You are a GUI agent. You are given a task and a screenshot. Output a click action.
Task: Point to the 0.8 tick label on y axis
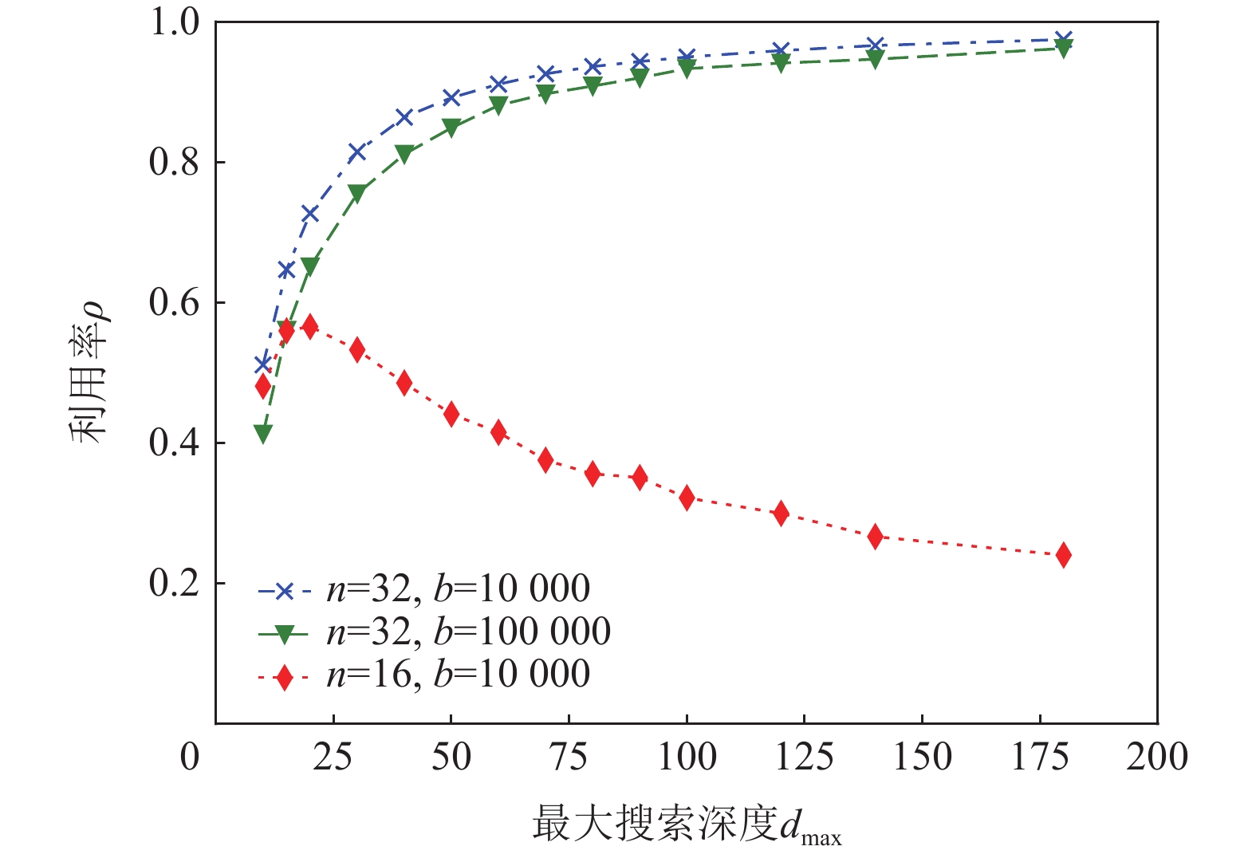174,162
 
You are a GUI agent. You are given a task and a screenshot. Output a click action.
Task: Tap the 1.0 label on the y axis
174,22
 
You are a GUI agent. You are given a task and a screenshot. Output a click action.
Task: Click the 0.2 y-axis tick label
174,583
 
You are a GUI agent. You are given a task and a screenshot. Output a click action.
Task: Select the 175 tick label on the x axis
1040,757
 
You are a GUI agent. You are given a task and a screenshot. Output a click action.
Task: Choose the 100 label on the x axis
687,757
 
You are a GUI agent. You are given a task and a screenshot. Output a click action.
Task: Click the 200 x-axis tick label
1156,757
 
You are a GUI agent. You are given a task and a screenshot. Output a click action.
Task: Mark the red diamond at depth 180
1063,555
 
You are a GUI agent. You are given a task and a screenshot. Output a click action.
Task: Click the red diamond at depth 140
875,537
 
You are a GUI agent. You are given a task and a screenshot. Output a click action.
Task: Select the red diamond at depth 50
451,414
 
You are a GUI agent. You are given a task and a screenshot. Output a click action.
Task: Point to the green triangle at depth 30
357,193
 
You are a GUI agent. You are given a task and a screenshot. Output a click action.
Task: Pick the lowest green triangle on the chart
263,434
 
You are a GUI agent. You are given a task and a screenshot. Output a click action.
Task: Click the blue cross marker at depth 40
404,117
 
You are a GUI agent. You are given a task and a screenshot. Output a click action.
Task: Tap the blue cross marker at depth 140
875,45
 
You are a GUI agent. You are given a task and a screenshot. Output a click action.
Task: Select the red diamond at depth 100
687,498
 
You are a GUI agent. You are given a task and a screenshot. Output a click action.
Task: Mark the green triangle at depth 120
781,63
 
